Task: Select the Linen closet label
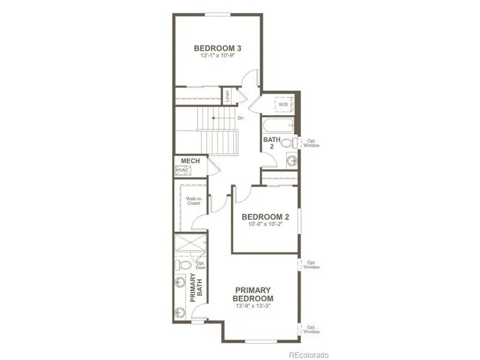227,97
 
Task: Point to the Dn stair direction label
240,118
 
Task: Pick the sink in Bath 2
292,160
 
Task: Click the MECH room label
190,161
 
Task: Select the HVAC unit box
182,170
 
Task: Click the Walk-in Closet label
193,201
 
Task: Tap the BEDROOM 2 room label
265,217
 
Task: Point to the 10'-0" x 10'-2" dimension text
265,225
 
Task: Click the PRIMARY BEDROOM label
254,294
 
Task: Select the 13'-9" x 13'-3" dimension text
254,307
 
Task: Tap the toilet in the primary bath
183,265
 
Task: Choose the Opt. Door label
201,265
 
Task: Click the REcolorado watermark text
309,355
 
